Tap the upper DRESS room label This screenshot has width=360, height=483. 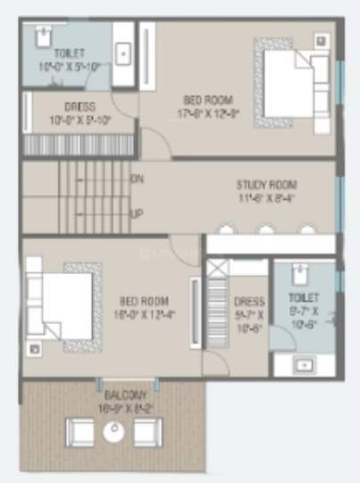point(80,106)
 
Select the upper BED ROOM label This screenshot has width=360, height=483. point(205,99)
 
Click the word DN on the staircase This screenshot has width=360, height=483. point(137,179)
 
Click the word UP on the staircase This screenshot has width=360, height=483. point(137,214)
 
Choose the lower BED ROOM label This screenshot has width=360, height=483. point(141,301)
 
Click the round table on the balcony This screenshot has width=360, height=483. point(113,432)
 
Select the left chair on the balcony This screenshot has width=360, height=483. point(81,432)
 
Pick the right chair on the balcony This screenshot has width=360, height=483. point(146,432)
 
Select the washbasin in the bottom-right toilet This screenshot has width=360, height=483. point(303,363)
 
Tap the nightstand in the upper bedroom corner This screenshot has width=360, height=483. point(322,40)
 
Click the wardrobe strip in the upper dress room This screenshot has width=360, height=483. point(80,144)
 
